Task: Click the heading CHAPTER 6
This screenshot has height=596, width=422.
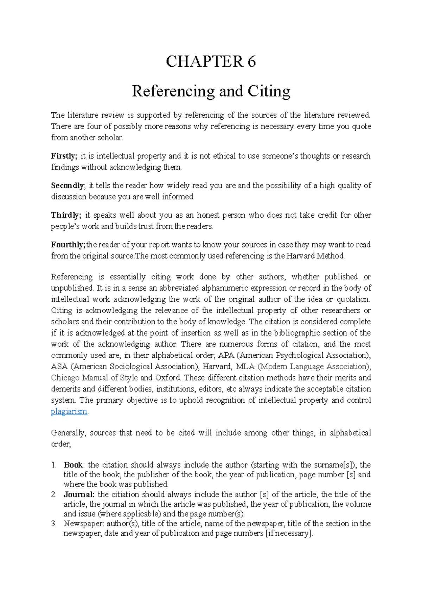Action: click(x=211, y=62)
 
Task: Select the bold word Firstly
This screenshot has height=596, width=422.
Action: click(x=64, y=156)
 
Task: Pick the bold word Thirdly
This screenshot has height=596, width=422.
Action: click(x=66, y=215)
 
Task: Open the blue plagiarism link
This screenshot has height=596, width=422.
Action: click(x=69, y=412)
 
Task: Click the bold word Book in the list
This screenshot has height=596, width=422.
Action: click(x=73, y=465)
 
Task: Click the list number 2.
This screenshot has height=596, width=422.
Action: click(x=54, y=495)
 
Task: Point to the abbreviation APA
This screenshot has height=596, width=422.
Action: click(x=226, y=355)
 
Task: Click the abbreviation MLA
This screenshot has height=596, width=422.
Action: click(x=245, y=366)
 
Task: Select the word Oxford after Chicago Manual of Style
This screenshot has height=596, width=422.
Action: click(x=168, y=378)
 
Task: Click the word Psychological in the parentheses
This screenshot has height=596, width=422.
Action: click(x=300, y=355)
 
